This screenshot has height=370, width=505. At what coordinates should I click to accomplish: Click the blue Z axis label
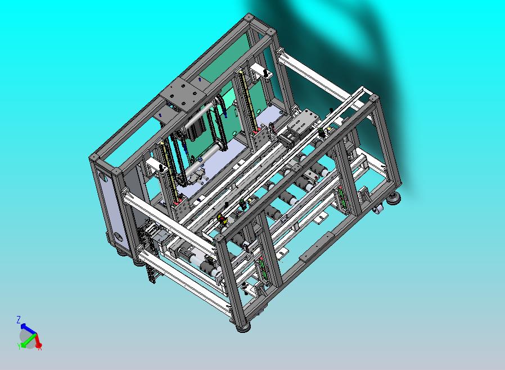coord(19,319)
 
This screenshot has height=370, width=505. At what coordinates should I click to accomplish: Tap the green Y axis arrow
coord(27,340)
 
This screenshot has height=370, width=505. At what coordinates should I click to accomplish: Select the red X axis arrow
coord(38,340)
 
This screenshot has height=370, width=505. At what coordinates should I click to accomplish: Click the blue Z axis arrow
coord(28,328)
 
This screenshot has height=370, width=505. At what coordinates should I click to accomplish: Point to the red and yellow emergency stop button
coord(222,219)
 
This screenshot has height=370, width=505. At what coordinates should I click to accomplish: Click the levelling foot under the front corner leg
coord(244,328)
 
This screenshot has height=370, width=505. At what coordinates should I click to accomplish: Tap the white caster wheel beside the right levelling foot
coord(379,209)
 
